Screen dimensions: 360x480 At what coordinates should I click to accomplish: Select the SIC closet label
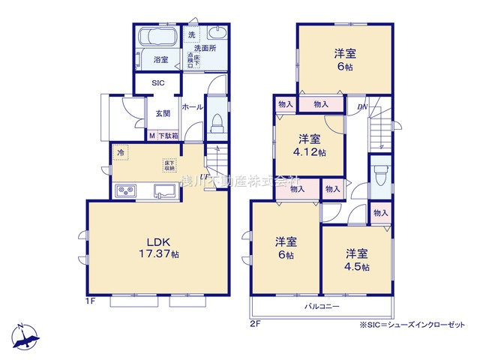(x=158, y=83)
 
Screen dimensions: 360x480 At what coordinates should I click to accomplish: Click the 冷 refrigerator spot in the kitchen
(x=121, y=152)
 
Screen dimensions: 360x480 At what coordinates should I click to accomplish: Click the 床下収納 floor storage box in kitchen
(x=169, y=165)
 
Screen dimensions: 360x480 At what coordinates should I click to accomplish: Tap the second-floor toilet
(x=379, y=176)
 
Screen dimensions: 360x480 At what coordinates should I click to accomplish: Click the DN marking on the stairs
(x=363, y=107)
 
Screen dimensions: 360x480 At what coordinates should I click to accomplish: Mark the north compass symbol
(x=24, y=337)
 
